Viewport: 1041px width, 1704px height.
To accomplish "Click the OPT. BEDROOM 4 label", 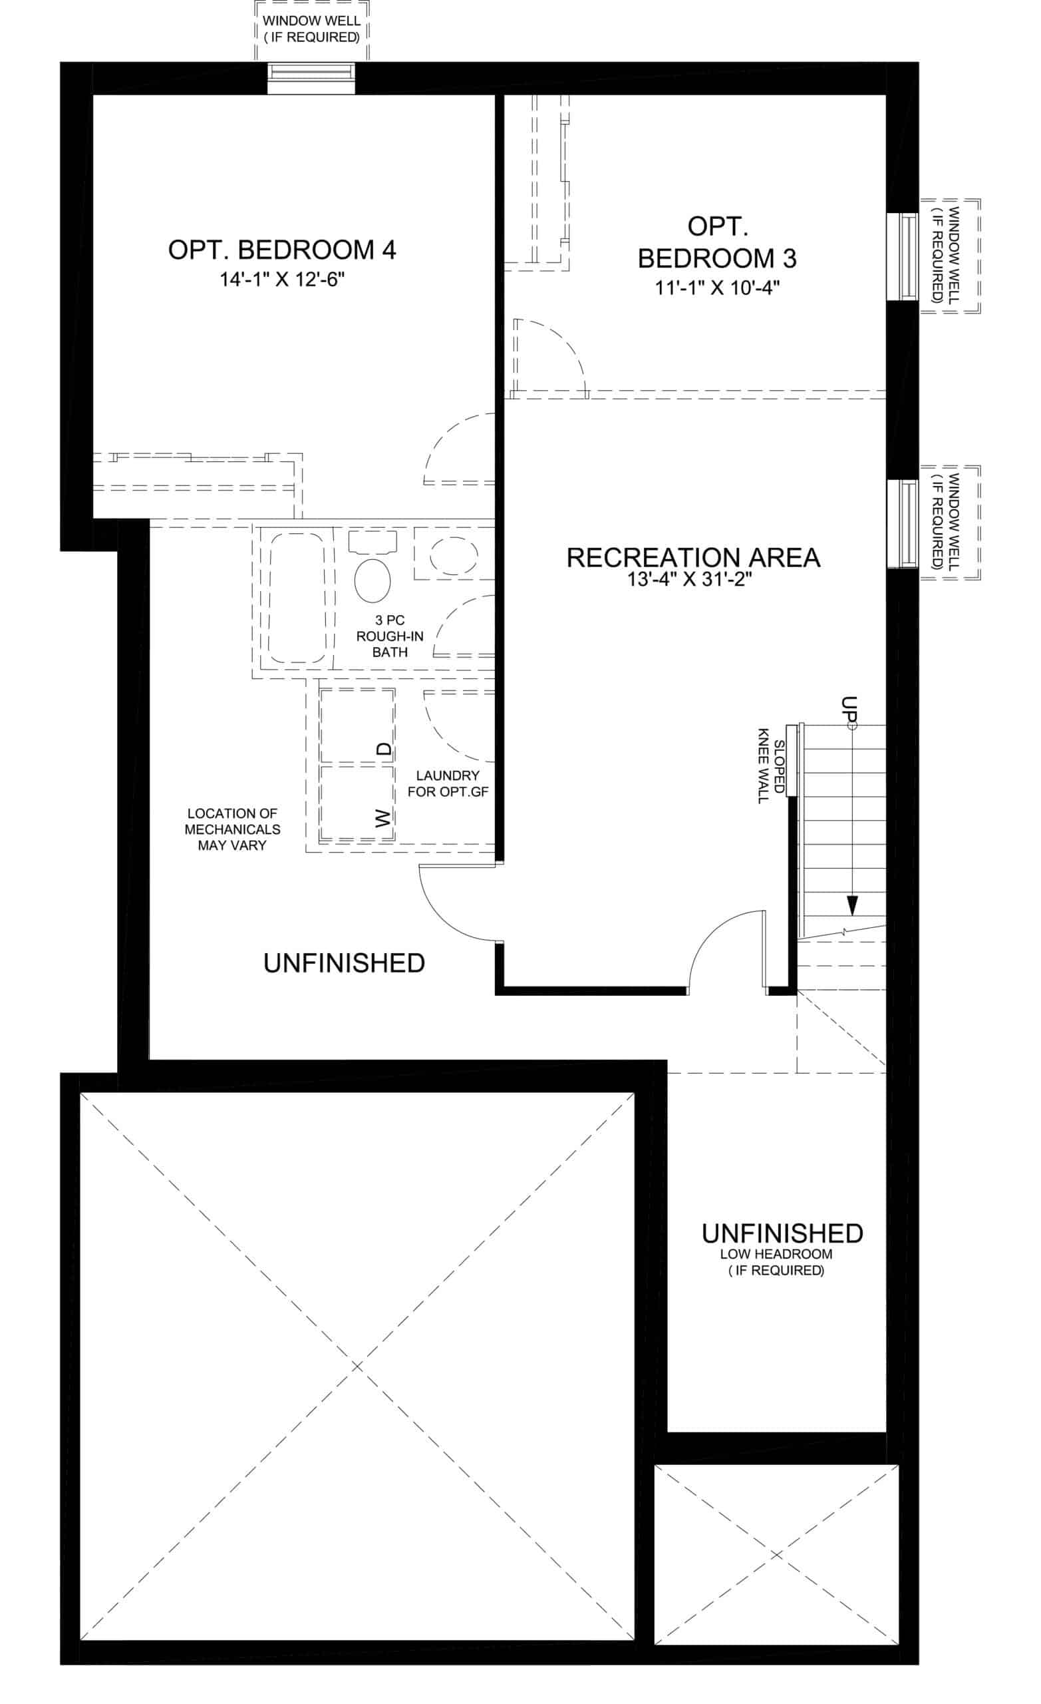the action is pyautogui.click(x=282, y=250).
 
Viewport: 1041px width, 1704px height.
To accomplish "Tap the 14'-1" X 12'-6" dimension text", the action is pyautogui.click(x=282, y=280).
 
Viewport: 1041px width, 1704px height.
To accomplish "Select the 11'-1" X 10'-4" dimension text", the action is pyautogui.click(x=718, y=288).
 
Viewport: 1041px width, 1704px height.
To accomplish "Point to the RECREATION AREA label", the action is pyautogui.click(x=693, y=557).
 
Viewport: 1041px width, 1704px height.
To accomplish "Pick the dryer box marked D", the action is pyautogui.click(x=357, y=726).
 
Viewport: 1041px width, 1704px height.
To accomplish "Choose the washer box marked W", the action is pyautogui.click(x=357, y=803).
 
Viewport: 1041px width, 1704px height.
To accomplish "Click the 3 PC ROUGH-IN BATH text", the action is pyautogui.click(x=390, y=636).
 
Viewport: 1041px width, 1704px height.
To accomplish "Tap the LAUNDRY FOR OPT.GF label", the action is pyautogui.click(x=448, y=784).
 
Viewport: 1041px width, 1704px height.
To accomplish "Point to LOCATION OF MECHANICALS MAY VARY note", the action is pyautogui.click(x=232, y=829).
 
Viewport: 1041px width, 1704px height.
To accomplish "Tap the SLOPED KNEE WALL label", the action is pyautogui.click(x=771, y=765).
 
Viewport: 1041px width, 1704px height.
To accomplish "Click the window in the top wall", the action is pyautogui.click(x=312, y=78).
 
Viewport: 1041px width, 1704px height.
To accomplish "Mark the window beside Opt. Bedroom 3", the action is pyautogui.click(x=903, y=256).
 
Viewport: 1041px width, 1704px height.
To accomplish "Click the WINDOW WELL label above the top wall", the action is pyautogui.click(x=312, y=29).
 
